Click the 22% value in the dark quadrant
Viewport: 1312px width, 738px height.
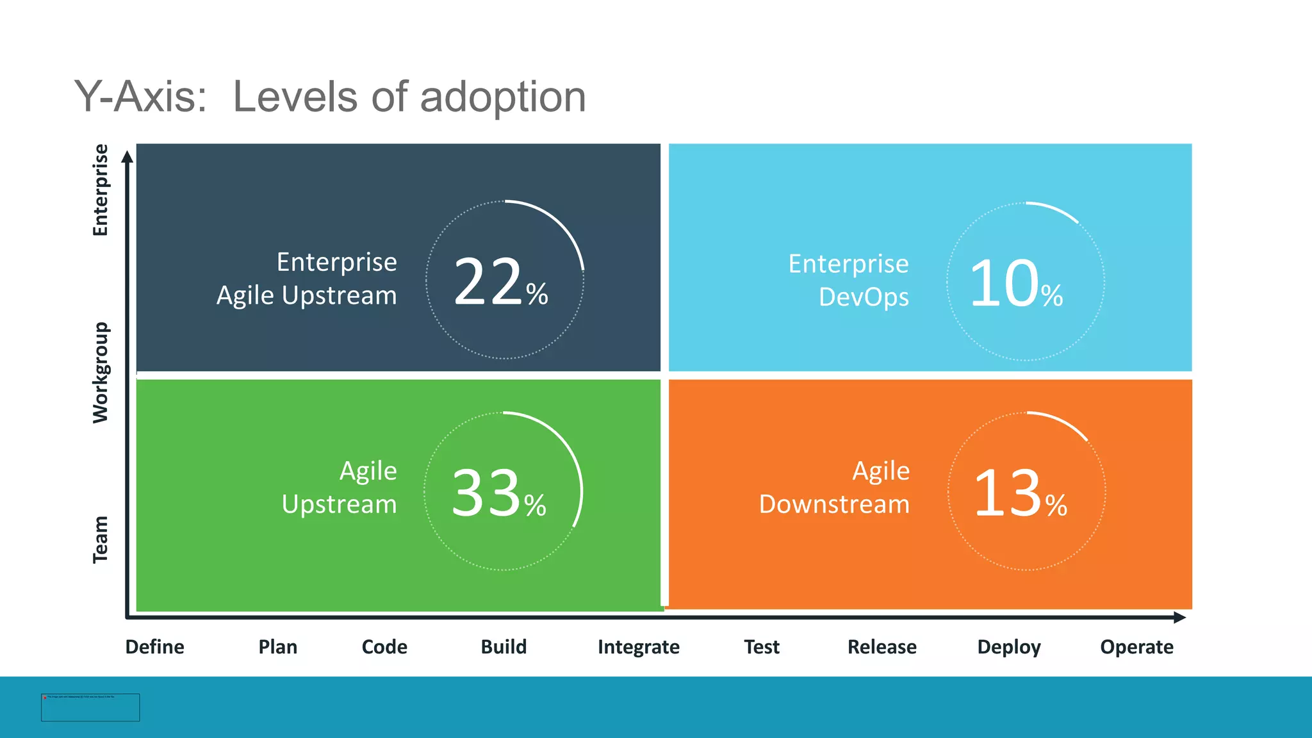(500, 283)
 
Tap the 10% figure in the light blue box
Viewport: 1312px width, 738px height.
(1016, 284)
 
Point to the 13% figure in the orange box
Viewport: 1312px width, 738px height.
(1020, 493)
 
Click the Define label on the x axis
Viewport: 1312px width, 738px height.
(154, 647)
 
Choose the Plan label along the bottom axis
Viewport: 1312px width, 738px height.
(277, 647)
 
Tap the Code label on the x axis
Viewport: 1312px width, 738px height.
(384, 647)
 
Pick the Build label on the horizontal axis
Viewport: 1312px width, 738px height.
(504, 647)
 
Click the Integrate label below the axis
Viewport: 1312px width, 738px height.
(638, 647)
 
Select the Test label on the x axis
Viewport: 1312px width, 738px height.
(761, 647)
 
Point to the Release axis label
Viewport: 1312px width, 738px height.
(881, 647)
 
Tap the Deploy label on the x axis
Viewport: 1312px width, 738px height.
(1008, 647)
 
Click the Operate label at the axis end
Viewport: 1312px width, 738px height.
(1136, 647)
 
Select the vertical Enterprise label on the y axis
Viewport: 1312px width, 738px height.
(101, 190)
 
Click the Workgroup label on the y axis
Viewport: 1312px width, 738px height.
(101, 372)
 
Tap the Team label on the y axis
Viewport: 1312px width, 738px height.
(101, 539)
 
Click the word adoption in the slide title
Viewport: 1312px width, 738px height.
(502, 97)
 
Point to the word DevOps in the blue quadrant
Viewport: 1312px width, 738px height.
(864, 297)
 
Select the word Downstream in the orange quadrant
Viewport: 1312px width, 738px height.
(834, 504)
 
